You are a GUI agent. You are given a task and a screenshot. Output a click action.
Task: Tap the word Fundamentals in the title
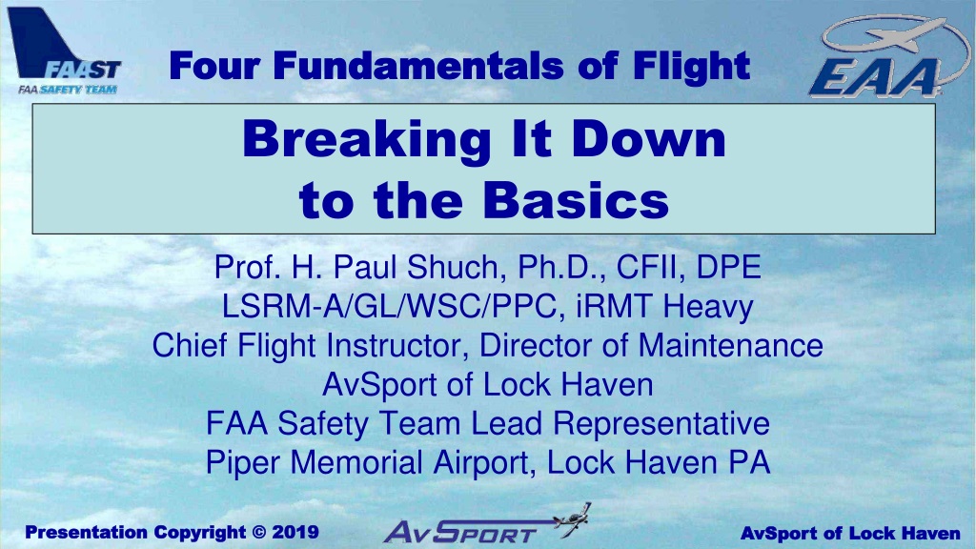pyautogui.click(x=417, y=66)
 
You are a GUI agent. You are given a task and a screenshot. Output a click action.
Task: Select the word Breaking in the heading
pyautogui.click(x=367, y=140)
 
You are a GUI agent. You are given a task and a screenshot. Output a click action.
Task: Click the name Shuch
pyautogui.click(x=453, y=267)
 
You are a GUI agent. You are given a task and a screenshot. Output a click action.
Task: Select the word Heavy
pyautogui.click(x=708, y=307)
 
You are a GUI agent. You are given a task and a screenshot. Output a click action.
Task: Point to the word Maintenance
pyautogui.click(x=731, y=345)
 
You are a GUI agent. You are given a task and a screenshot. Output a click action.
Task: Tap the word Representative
pyautogui.click(x=661, y=424)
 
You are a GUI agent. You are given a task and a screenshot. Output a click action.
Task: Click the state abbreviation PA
pyautogui.click(x=749, y=462)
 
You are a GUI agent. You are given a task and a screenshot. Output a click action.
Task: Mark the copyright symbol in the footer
pyautogui.click(x=259, y=533)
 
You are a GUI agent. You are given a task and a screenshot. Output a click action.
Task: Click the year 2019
pyautogui.click(x=295, y=532)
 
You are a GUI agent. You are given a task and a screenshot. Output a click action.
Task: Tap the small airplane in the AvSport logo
pyautogui.click(x=573, y=519)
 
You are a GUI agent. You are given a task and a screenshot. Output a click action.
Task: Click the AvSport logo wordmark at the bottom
pyautogui.click(x=460, y=532)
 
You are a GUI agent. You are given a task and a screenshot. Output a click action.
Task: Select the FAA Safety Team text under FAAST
pyautogui.click(x=68, y=90)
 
